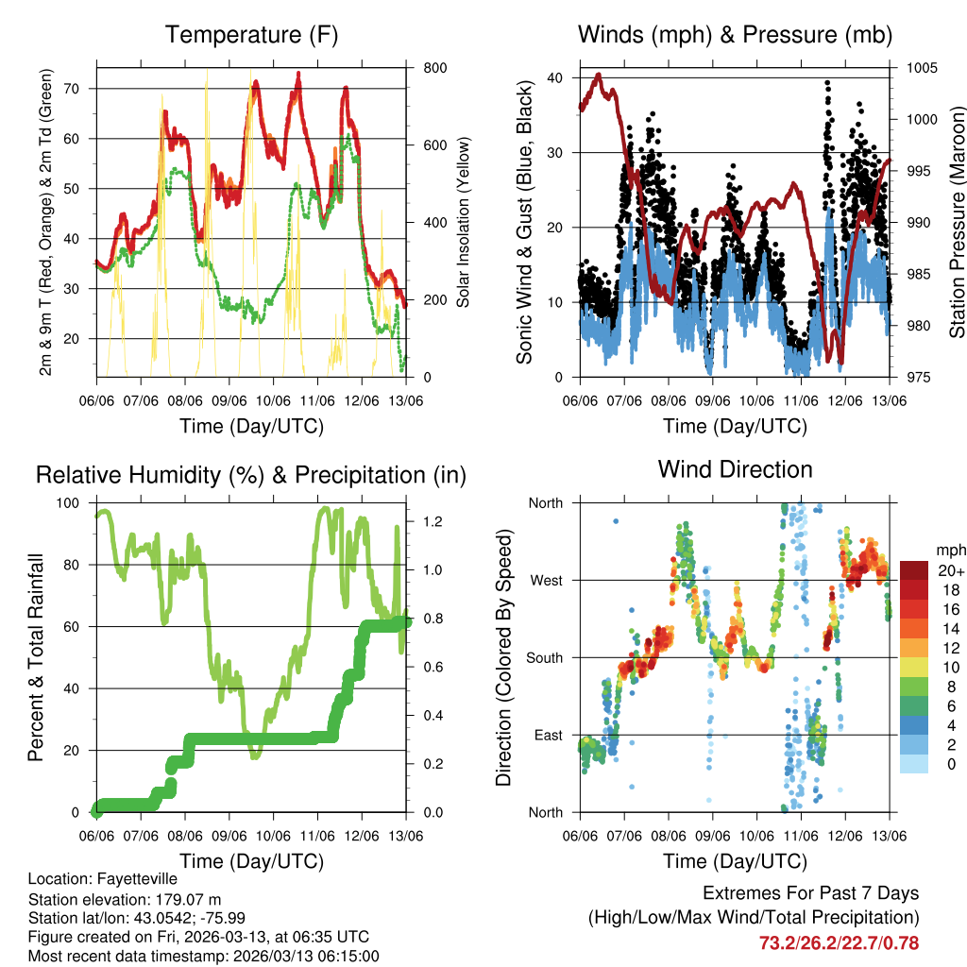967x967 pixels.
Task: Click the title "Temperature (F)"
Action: click(x=251, y=36)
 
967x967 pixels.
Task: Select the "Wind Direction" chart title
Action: click(x=735, y=469)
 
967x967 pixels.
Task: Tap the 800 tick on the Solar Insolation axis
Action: click(x=422, y=68)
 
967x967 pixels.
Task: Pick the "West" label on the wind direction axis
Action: click(x=545, y=580)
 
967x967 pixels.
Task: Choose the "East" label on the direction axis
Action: click(x=546, y=735)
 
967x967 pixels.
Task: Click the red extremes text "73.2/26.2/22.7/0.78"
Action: click(x=839, y=942)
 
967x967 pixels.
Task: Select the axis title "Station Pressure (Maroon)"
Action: click(x=956, y=222)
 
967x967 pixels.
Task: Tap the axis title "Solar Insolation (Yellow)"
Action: click(x=463, y=222)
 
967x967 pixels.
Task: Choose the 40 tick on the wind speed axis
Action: click(x=555, y=77)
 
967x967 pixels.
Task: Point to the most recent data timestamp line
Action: click(x=203, y=956)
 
